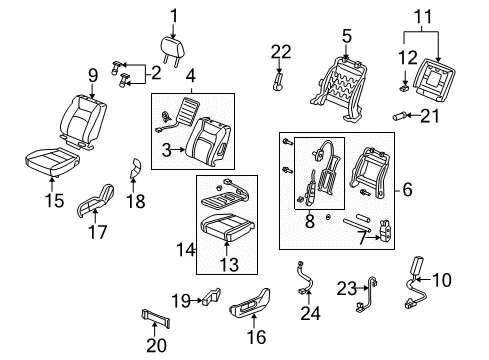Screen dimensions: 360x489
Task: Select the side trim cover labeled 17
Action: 93,206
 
